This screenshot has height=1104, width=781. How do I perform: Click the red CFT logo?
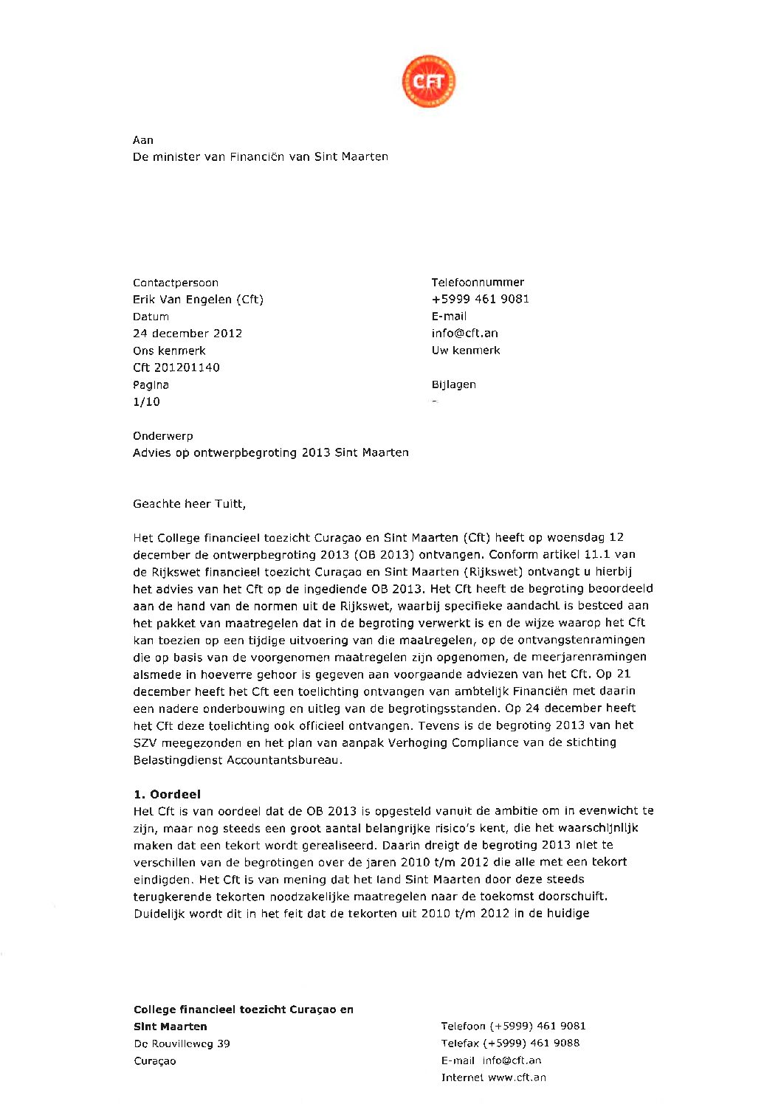click(x=428, y=81)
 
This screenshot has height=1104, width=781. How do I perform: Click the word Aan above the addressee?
click(x=143, y=140)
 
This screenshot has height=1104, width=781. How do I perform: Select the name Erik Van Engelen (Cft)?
click(x=198, y=300)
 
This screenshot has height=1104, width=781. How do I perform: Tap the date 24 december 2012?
click(x=187, y=334)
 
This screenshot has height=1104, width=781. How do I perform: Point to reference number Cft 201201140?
click(x=176, y=368)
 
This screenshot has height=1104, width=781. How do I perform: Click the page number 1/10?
click(x=146, y=402)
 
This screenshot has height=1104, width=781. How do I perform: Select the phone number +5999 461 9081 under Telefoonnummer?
click(x=481, y=299)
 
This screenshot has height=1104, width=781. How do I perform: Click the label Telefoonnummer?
click(x=478, y=282)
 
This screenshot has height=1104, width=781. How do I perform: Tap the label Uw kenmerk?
click(x=466, y=351)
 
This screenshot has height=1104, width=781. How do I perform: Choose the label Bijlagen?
click(x=454, y=384)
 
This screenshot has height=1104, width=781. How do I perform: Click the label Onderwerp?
click(x=163, y=436)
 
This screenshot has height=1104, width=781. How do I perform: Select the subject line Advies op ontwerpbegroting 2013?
click(x=271, y=453)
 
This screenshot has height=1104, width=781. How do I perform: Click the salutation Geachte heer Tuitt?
click(x=189, y=504)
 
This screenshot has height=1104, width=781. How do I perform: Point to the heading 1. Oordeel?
click(x=167, y=795)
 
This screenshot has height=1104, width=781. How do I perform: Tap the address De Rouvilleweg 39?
click(x=182, y=1043)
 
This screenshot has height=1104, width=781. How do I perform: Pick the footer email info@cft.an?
click(x=512, y=1060)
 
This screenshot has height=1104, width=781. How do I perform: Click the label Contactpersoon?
click(x=176, y=283)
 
